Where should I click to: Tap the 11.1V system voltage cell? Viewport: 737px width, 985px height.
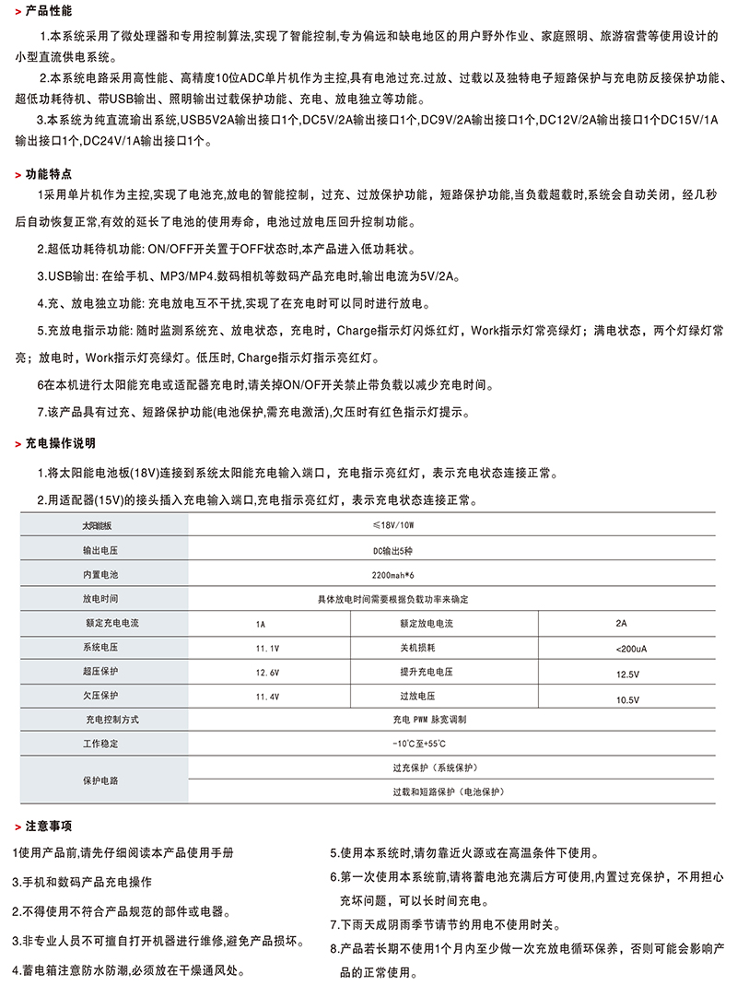[x=268, y=649]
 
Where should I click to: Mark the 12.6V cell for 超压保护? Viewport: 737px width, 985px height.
[x=268, y=674]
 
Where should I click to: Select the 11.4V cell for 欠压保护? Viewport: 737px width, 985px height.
[x=268, y=698]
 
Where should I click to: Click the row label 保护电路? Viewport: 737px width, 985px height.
[x=100, y=780]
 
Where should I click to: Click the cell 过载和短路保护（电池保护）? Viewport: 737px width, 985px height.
[x=450, y=792]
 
